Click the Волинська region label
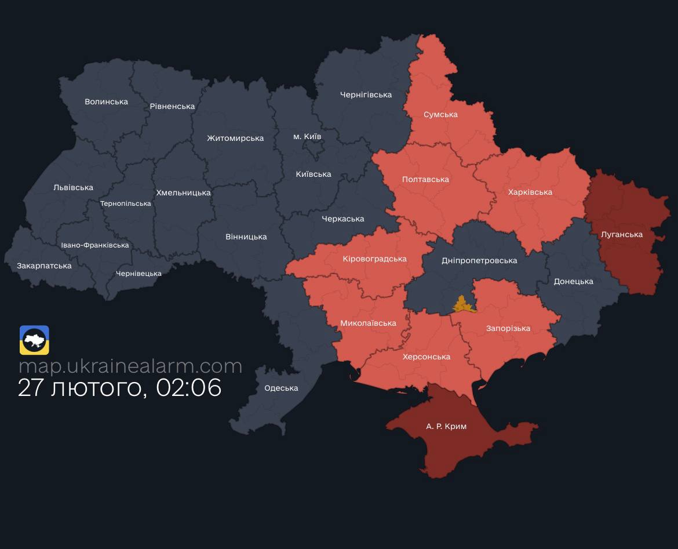(106, 101)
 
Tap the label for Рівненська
(172, 106)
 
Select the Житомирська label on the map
(235, 138)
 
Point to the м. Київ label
(307, 136)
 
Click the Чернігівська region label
(366, 94)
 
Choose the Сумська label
(440, 114)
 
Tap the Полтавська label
(425, 179)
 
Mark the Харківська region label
(530, 192)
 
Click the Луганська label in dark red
(622, 234)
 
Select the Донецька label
(573, 281)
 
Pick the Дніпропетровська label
(479, 260)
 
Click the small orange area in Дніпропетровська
(463, 304)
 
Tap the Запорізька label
(508, 328)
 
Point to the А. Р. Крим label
(446, 426)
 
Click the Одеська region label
(281, 388)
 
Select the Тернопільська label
(125, 203)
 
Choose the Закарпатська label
(44, 266)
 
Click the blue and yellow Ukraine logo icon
(34, 340)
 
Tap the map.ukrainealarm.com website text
(130, 366)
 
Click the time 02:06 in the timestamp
(189, 388)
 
